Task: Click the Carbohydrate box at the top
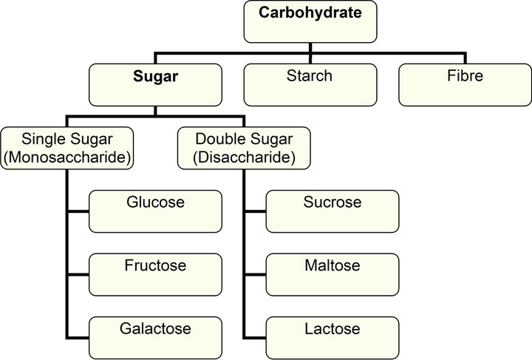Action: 310,21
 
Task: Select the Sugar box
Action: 154,84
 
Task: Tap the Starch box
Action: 310,84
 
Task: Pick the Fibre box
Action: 465,84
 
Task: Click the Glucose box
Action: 155,211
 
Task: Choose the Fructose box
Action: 155,274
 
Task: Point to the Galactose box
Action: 155,337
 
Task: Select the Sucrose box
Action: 332,211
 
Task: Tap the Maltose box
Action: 332,274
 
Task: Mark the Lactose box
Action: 332,337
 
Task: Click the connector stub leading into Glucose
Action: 78,211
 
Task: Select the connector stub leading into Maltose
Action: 255,274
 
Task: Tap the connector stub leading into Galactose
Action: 78,337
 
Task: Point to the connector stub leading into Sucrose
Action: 255,211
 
